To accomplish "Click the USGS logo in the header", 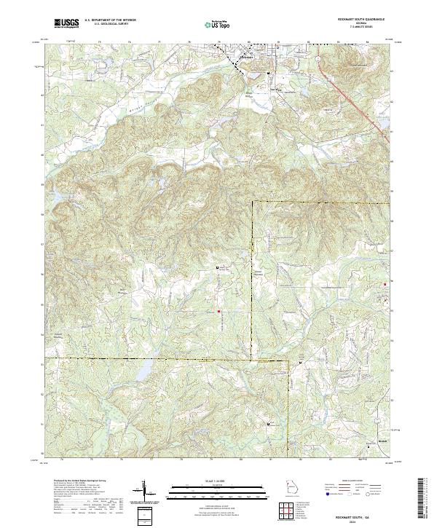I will click(x=66, y=23).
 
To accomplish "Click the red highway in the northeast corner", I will click(x=357, y=95).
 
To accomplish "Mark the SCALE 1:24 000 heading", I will click(x=218, y=481).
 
